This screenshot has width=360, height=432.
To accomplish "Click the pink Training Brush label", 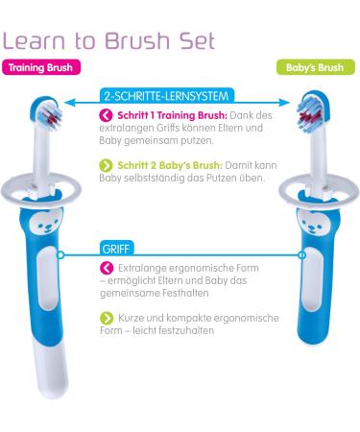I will (37, 69).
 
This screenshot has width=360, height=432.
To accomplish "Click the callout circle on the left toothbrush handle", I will (60, 255).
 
